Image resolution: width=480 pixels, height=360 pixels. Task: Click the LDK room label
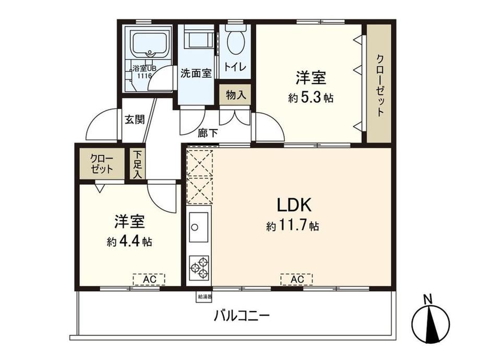[294, 205]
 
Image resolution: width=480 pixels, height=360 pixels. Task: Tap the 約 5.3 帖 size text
[310, 98]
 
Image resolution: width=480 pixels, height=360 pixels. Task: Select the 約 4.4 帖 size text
[129, 242]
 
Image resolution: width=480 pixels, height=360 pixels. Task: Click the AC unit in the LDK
[297, 279]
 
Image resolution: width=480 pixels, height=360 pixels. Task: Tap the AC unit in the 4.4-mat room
[149, 279]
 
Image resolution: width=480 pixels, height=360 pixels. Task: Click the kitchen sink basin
[199, 227]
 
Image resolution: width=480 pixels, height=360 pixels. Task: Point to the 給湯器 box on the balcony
[204, 297]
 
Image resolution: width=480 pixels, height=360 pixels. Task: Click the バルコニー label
[242, 315]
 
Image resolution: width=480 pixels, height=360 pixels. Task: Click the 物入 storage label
[236, 95]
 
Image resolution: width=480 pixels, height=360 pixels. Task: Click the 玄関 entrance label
[135, 119]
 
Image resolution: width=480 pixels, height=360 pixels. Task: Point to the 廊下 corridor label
[208, 133]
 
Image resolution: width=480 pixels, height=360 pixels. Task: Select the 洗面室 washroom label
[196, 73]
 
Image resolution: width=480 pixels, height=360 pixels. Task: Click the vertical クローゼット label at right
[380, 85]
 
